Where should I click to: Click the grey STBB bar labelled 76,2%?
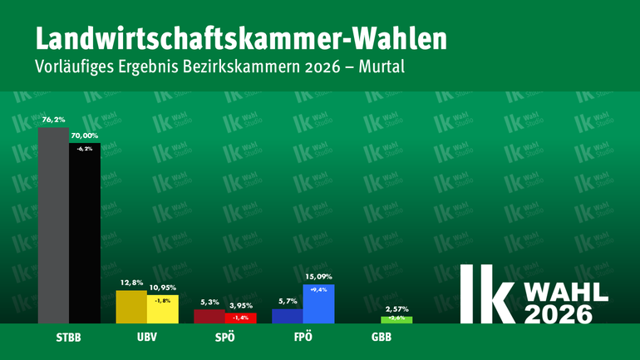pyautogui.click(x=53, y=224)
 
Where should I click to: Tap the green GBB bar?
pyautogui.click(x=396, y=319)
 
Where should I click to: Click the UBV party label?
pyautogui.click(x=146, y=339)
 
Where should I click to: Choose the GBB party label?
pyautogui.click(x=382, y=339)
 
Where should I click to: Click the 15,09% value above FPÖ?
pyautogui.click(x=318, y=277)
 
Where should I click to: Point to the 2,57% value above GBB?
pyautogui.click(x=396, y=308)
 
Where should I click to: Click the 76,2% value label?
pyautogui.click(x=53, y=120)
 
